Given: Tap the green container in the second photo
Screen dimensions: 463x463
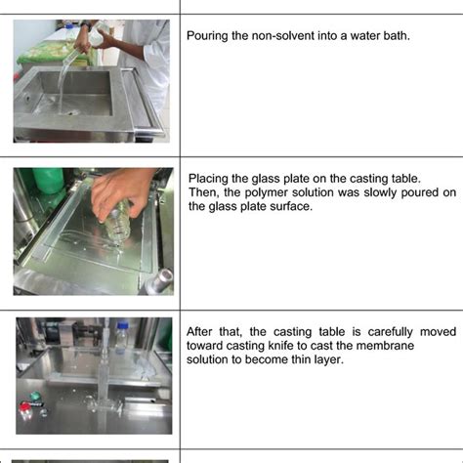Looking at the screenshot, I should (47, 180).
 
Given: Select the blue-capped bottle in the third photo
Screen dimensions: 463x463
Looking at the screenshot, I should (121, 338).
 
